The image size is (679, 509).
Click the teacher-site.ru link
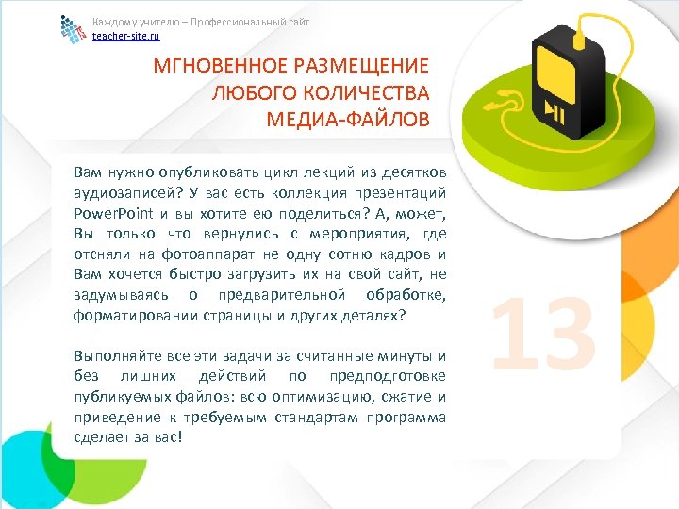[x=126, y=36]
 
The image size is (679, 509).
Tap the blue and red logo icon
[x=72, y=28]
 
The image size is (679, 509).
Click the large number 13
[x=544, y=332]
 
